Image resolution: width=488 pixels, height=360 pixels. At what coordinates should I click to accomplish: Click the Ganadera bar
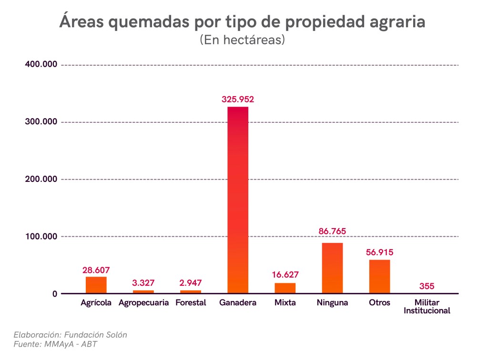238,200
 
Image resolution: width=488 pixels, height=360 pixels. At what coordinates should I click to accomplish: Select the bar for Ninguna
332,268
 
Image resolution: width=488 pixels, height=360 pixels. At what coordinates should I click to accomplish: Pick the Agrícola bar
96,285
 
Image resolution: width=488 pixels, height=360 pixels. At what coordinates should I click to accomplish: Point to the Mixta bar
285,288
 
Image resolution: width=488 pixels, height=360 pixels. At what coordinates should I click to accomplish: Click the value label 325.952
238,100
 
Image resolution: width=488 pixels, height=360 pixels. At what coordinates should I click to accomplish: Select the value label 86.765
332,231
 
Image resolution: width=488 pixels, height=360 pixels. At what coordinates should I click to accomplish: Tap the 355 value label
427,286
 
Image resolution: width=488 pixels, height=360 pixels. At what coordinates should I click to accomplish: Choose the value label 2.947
191,283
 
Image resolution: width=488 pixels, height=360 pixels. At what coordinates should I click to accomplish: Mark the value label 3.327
143,283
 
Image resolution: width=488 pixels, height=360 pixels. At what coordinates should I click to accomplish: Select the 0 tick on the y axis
55,294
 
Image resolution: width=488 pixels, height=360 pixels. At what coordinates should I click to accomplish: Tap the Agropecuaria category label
143,303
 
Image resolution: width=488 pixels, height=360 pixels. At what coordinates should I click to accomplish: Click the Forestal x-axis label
191,303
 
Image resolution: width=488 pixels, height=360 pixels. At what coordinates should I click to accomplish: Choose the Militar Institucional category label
427,307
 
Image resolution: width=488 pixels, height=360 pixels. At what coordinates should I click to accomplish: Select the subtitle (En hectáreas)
242,40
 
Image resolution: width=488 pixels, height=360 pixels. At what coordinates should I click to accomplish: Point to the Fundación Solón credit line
70,334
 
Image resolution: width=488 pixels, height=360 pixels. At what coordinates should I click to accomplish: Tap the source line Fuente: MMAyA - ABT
55,344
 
